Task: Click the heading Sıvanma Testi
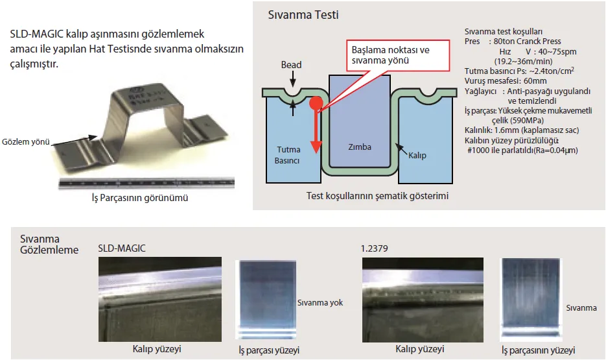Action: [303, 14]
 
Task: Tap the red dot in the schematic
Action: [316, 102]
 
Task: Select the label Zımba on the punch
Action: [359, 147]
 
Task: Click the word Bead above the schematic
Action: [291, 65]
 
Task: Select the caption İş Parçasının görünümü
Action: [141, 198]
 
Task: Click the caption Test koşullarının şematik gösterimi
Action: [379, 195]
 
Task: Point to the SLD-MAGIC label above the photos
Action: [121, 248]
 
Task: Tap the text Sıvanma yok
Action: [320, 302]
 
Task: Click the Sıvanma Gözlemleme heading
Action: [49, 245]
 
